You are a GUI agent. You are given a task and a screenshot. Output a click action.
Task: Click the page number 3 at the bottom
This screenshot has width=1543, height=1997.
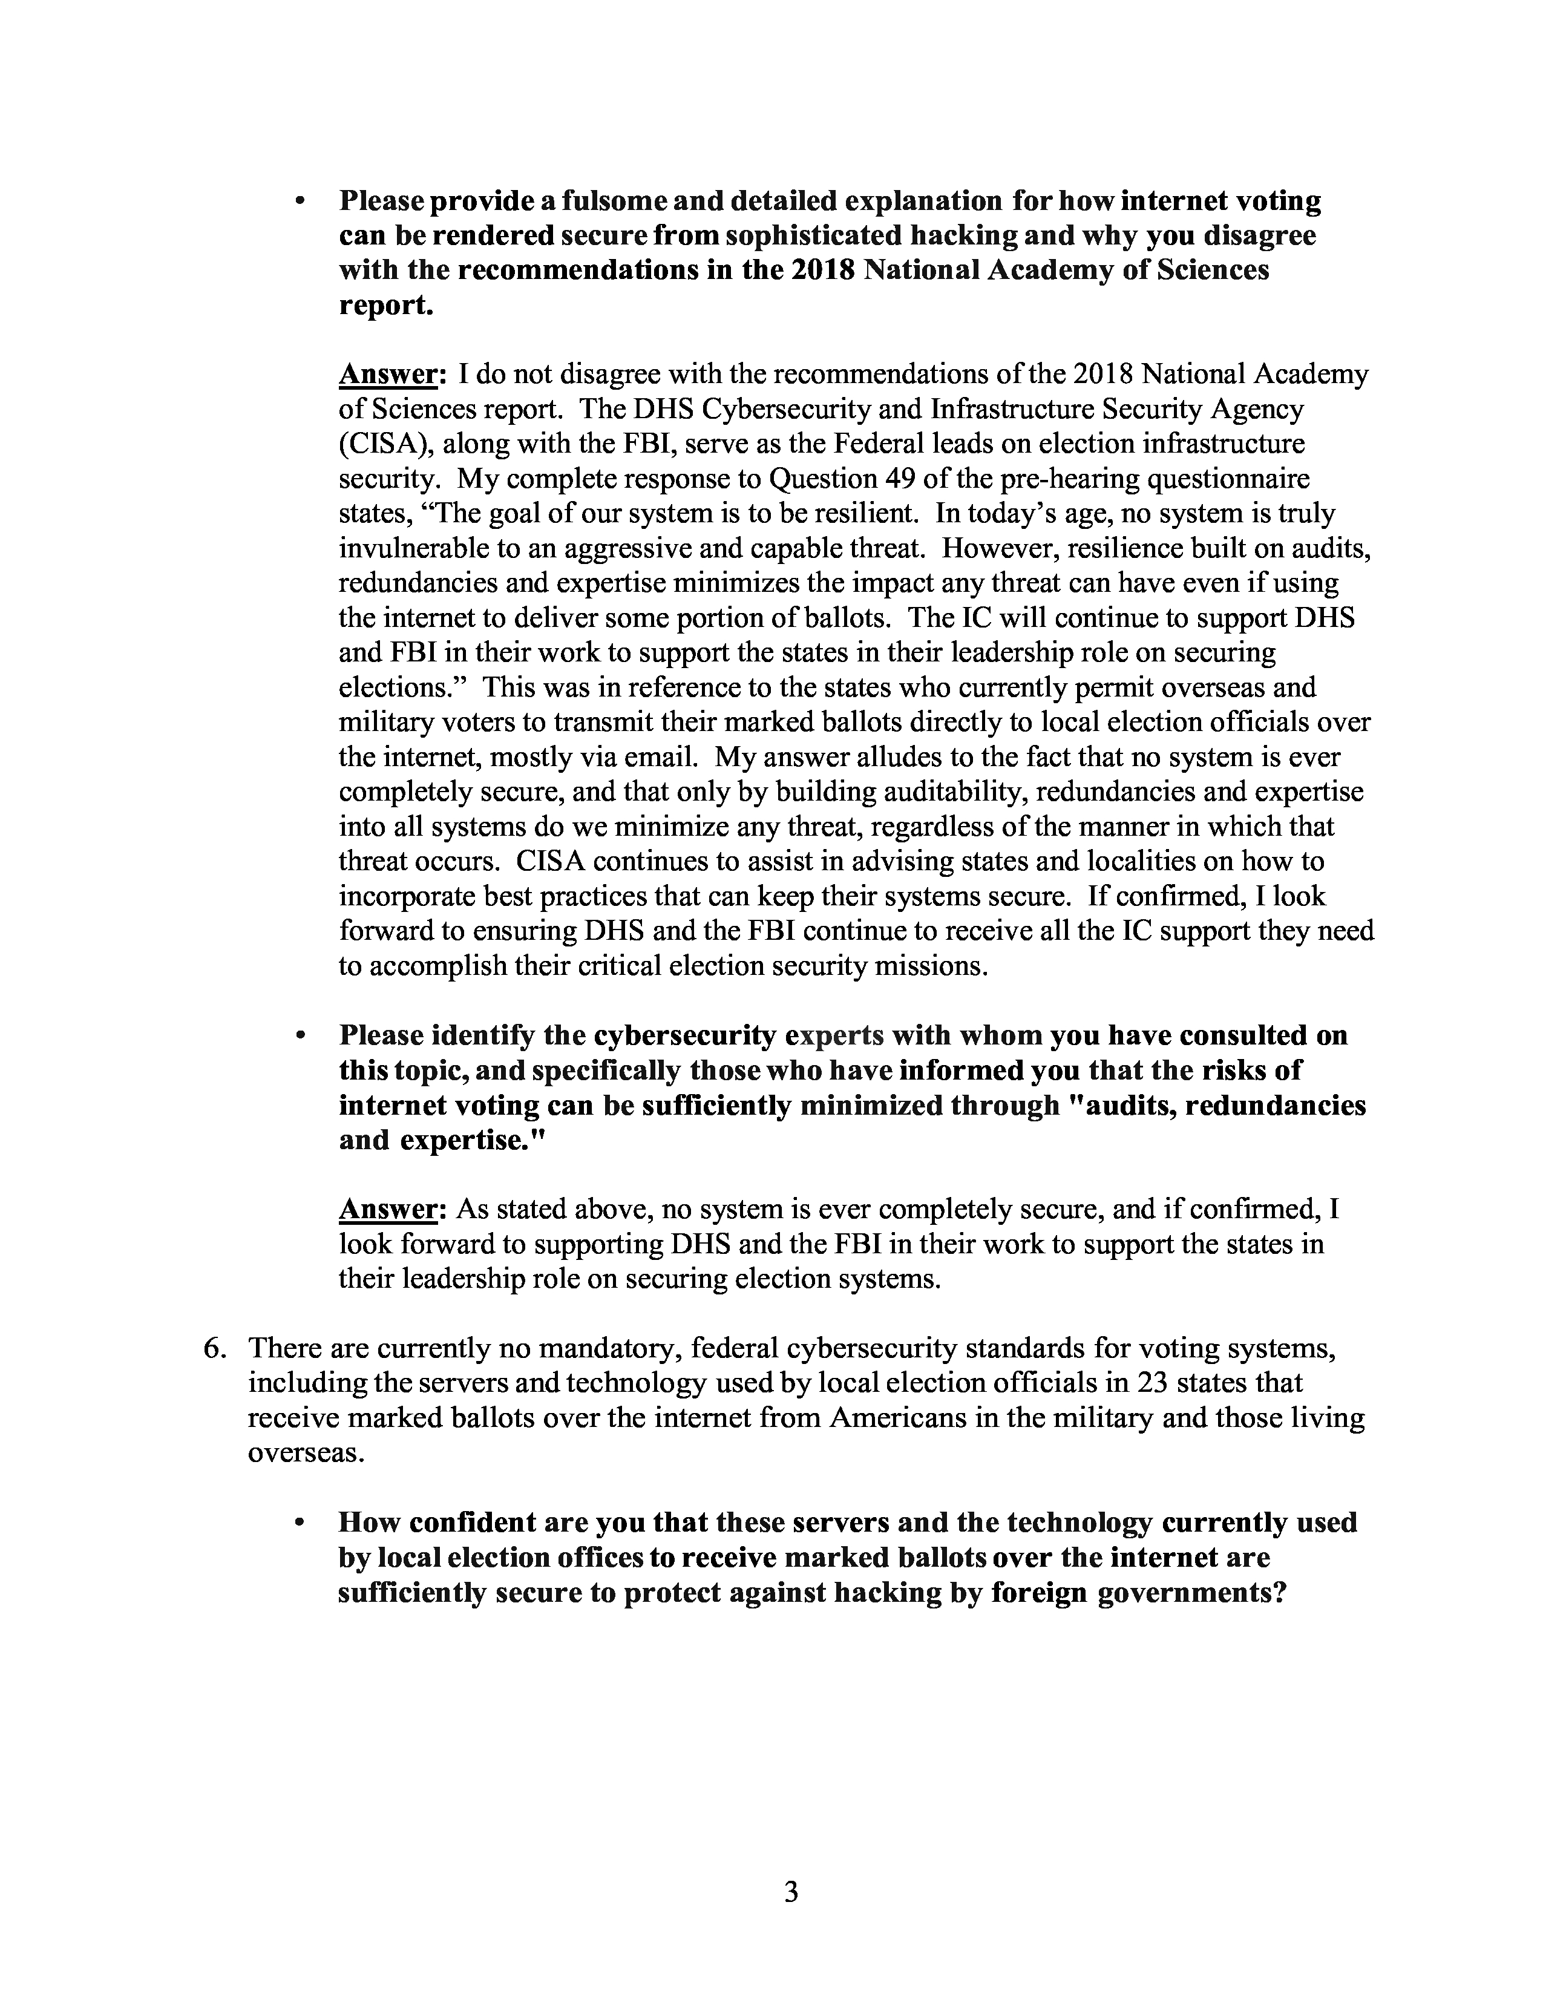(791, 1891)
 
